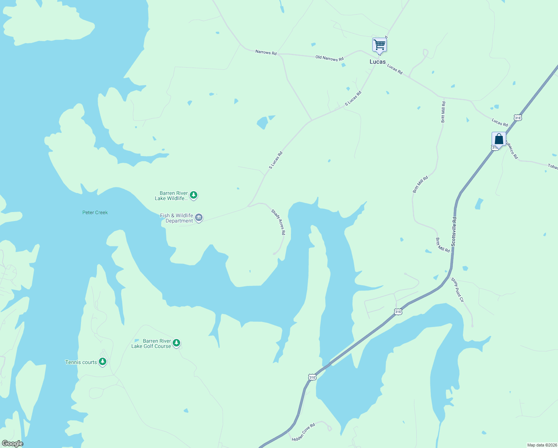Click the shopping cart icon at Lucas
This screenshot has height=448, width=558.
click(x=379, y=45)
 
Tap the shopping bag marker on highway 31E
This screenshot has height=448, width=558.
click(x=499, y=139)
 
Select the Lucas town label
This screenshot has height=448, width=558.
click(x=377, y=62)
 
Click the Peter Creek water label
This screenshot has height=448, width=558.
click(x=95, y=212)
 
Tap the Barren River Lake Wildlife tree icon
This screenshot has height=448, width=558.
click(x=193, y=195)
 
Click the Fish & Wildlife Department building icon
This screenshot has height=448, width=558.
click(x=199, y=218)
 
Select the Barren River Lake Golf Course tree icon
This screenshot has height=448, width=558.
click(x=176, y=343)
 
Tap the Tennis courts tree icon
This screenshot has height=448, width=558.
click(x=103, y=362)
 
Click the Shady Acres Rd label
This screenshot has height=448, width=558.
click(x=278, y=222)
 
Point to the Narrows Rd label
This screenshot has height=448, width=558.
click(x=266, y=52)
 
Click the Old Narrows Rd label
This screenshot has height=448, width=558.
click(x=329, y=58)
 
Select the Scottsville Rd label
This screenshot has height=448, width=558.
click(x=454, y=231)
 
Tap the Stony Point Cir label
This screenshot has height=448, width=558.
click(x=457, y=290)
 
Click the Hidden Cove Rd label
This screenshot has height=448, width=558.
click(x=304, y=432)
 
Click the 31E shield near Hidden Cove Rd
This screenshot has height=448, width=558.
click(x=312, y=377)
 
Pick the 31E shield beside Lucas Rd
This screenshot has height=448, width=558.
click(x=517, y=118)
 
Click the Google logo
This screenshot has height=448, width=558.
click(x=12, y=444)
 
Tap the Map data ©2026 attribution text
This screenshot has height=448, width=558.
click(x=542, y=445)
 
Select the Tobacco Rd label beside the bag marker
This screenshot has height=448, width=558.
click(x=512, y=150)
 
